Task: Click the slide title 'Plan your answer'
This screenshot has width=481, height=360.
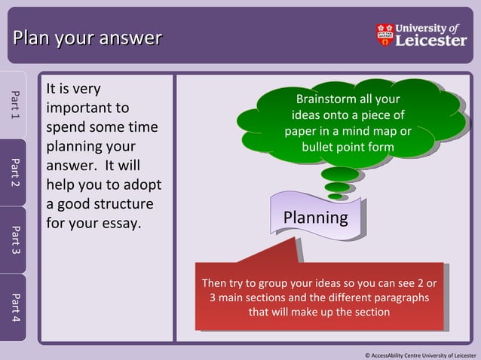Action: [87, 37]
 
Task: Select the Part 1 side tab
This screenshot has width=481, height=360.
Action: [14, 105]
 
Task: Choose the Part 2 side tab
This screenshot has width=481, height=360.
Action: [14, 172]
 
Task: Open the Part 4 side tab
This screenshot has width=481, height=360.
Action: [14, 307]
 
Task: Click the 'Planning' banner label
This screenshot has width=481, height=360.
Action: [315, 218]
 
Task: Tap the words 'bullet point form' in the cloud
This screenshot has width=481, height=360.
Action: [348, 146]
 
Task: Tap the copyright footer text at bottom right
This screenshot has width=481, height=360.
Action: [420, 354]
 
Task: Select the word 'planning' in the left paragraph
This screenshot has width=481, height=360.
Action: [81, 146]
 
